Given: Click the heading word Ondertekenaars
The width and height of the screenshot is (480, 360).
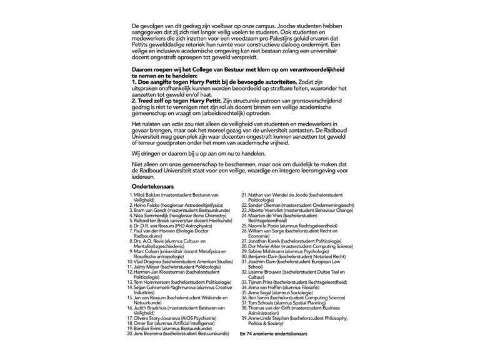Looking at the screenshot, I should (152, 186).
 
